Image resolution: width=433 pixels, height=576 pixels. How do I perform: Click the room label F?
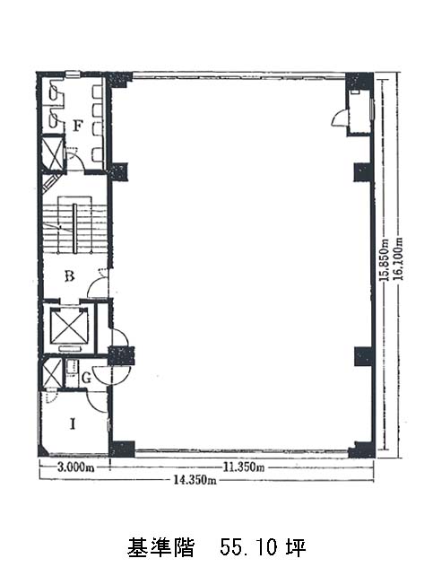tap(77, 127)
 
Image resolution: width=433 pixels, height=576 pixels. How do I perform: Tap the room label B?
tap(69, 275)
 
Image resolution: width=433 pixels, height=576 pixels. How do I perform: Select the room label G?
tap(86, 378)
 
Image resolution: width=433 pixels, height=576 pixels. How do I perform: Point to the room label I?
tap(73, 424)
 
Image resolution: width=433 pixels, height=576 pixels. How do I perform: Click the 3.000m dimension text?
tap(75, 467)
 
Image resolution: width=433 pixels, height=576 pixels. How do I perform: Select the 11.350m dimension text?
tap(244, 467)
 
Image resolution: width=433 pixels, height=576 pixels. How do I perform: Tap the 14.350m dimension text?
tap(195, 480)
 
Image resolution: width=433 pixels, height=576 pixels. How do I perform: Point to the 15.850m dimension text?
tap(385, 260)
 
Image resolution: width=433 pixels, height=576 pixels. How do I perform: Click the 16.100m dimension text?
tap(399, 259)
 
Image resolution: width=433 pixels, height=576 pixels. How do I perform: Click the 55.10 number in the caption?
tap(248, 548)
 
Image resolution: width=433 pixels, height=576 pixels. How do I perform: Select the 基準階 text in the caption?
tap(160, 548)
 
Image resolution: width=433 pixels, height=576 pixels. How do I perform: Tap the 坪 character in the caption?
tap(296, 548)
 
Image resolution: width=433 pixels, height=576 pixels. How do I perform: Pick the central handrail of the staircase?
tap(75, 229)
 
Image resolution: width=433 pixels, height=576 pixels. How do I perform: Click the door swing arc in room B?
tap(97, 286)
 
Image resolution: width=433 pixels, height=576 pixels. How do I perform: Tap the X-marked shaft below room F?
tap(53, 153)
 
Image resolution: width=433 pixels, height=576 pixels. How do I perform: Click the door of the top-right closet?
tap(339, 118)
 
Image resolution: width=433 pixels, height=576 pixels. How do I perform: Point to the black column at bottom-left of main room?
tap(122, 449)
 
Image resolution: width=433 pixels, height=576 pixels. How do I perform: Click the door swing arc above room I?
tap(95, 403)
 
